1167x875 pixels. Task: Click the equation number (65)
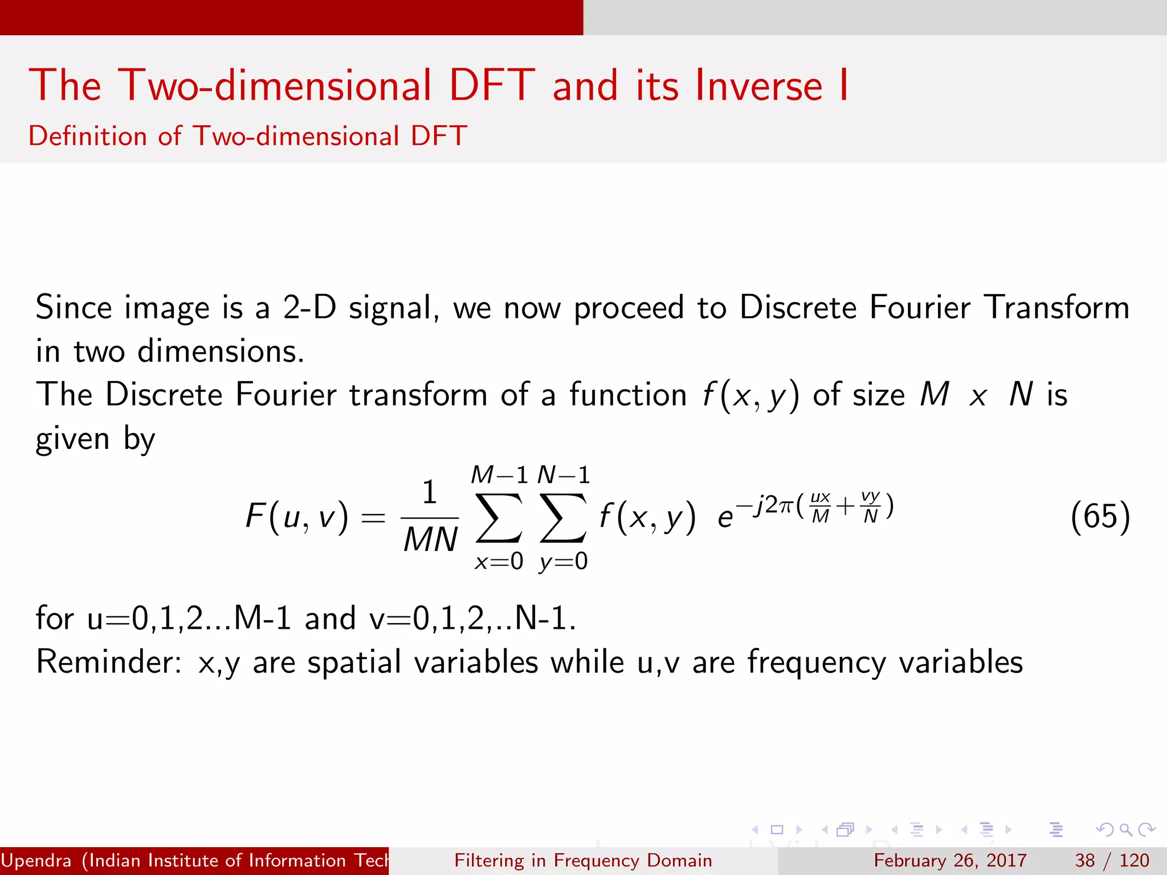coord(1100,517)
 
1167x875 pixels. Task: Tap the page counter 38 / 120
coord(1112,860)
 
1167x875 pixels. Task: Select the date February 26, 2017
coord(950,860)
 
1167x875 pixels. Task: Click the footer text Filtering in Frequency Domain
coord(583,860)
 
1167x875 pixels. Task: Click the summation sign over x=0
coord(499,517)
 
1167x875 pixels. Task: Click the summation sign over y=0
coord(563,517)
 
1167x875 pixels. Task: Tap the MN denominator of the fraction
coord(430,539)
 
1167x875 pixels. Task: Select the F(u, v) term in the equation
coord(296,517)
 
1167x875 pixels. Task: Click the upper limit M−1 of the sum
coord(499,475)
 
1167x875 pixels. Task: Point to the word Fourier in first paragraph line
coord(920,308)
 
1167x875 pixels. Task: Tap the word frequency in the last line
coord(817,663)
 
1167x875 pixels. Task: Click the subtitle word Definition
coord(88,136)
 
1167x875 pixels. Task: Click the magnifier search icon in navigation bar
coord(1125,829)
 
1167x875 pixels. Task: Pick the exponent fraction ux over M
coord(821,506)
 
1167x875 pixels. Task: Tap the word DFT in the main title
coord(492,85)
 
